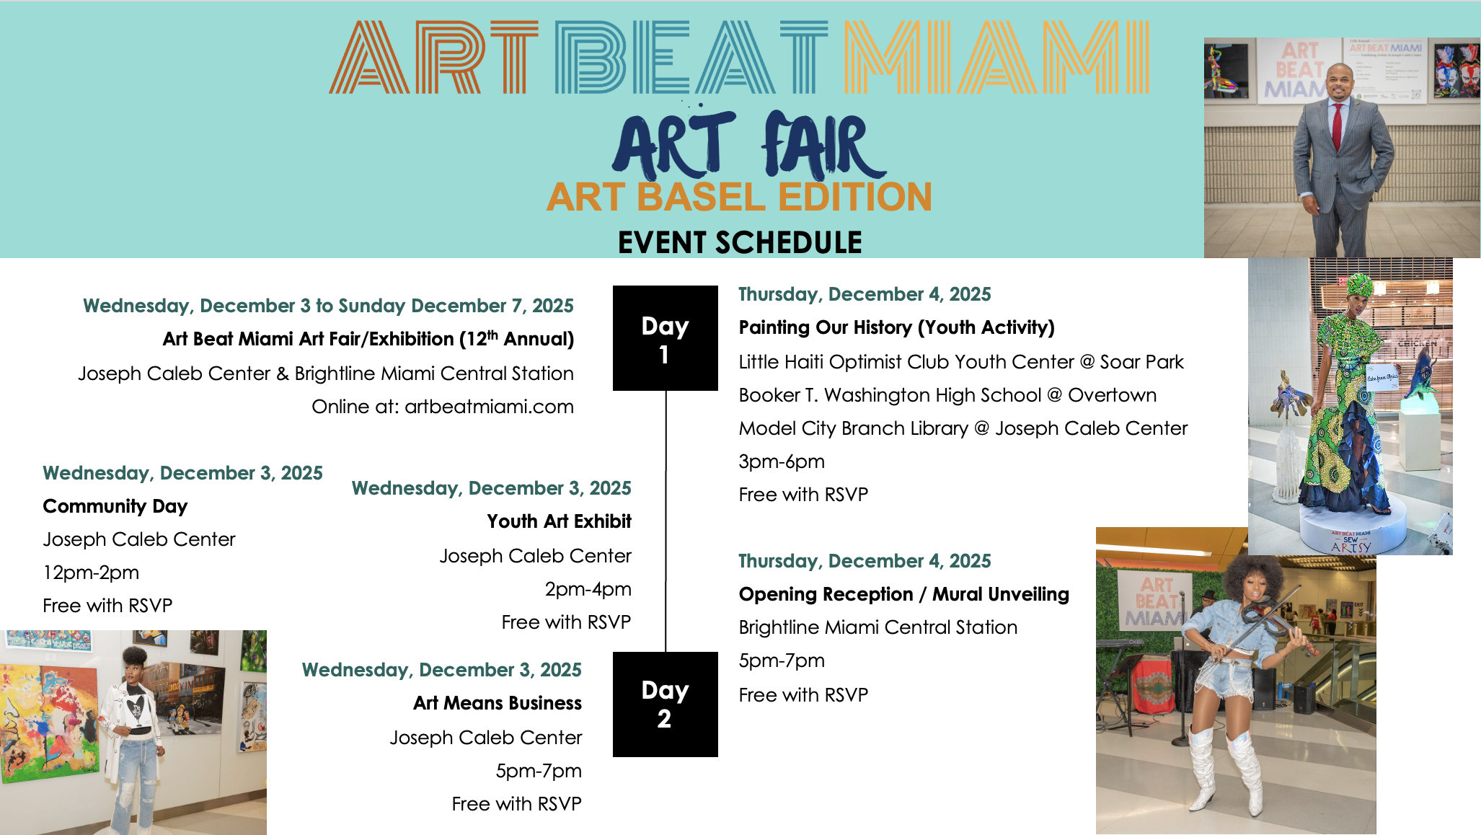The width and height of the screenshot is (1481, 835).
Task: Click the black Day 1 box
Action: point(665,338)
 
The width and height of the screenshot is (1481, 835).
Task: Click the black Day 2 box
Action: point(665,704)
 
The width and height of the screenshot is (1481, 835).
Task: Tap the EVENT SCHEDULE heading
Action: point(740,242)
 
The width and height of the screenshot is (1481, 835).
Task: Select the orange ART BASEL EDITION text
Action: point(739,197)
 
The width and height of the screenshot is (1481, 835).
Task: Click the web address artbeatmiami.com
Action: point(489,407)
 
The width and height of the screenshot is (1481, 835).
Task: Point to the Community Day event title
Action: point(115,506)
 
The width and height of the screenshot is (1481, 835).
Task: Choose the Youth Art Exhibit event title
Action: point(559,521)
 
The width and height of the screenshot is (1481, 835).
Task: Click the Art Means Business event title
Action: point(498,703)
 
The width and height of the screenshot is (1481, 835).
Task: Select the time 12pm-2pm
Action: point(92,573)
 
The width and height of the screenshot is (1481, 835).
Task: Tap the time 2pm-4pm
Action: point(588,589)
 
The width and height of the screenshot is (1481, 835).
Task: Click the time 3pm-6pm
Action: point(782,461)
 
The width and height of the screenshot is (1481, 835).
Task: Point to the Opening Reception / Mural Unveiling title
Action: point(904,594)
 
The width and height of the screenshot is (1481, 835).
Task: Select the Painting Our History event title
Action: point(897,327)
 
